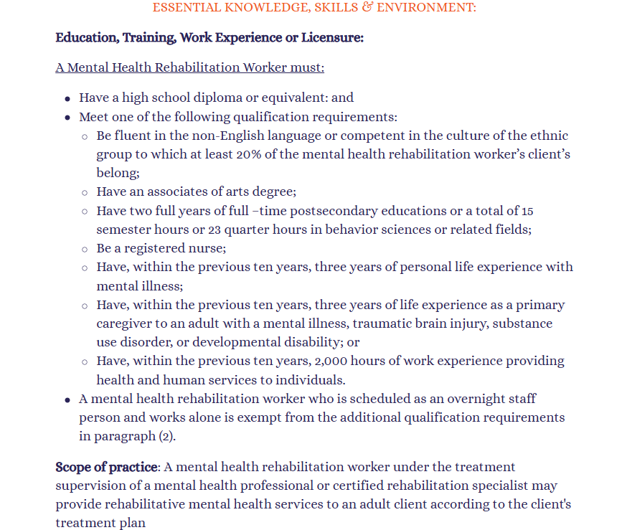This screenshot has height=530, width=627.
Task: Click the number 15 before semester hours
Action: click(x=527, y=212)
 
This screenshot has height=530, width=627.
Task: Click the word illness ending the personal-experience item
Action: click(x=162, y=286)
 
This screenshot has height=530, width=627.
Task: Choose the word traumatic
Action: click(x=379, y=323)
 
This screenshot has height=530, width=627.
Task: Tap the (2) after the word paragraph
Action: click(x=166, y=436)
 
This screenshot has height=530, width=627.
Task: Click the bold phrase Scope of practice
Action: click(x=106, y=468)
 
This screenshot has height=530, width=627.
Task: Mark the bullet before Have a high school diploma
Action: click(x=67, y=99)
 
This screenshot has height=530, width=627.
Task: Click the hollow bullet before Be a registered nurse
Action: click(x=85, y=249)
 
